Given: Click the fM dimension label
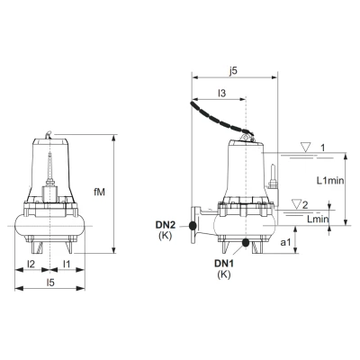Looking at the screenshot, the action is (x=99, y=193).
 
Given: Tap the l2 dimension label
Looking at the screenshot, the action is (x=31, y=264).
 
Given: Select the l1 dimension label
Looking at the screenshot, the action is (x=67, y=264).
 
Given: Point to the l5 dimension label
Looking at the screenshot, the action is (x=50, y=283).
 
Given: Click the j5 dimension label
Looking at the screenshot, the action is (x=233, y=71).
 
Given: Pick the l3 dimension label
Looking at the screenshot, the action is (x=221, y=94).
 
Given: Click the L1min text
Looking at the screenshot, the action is (x=330, y=180).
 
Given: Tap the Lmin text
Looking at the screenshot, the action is (x=318, y=219).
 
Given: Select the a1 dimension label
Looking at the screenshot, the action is (x=285, y=242).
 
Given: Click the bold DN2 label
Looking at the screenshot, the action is (x=165, y=224).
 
